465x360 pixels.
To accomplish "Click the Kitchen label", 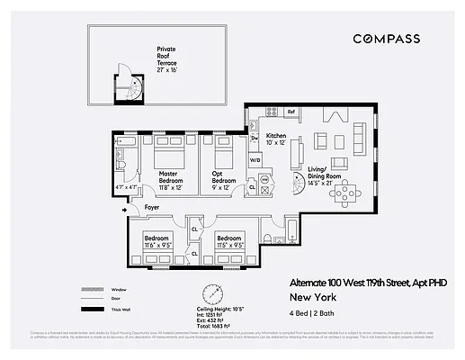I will pyautogui.click(x=276, y=138).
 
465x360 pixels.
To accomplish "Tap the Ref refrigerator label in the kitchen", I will pyautogui.click(x=291, y=112).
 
